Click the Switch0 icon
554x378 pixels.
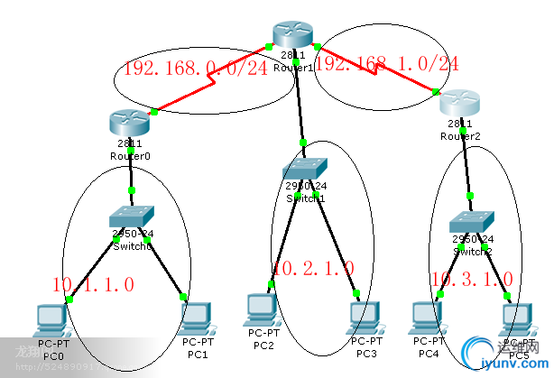(x=132, y=217)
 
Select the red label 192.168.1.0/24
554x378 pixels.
(x=387, y=64)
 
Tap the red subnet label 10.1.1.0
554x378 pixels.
(x=94, y=284)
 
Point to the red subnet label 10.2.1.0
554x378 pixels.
(x=313, y=268)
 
